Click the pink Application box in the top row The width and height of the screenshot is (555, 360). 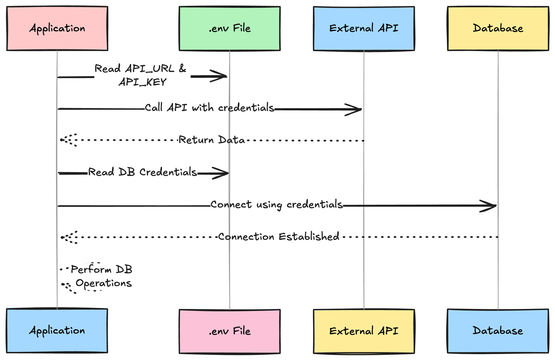tap(57, 28)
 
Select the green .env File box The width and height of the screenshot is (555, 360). tap(230, 28)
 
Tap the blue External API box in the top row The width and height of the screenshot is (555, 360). tap(364, 28)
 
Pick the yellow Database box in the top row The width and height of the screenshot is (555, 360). tap(498, 28)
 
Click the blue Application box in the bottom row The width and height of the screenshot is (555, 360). tap(57, 331)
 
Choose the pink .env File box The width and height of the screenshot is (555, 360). tap(230, 331)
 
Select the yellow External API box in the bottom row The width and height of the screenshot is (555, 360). tap(364, 331)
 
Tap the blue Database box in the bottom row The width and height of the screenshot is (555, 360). tap(498, 331)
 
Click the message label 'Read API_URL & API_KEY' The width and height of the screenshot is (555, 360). tap(140, 75)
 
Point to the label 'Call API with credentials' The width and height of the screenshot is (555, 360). tap(210, 108)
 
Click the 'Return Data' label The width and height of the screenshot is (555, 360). tap(212, 140)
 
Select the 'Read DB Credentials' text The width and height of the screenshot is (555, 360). tap(143, 172)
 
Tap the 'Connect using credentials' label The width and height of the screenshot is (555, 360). tap(276, 205)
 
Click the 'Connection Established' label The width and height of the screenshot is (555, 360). tap(279, 236)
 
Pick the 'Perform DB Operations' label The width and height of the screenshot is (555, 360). tap(102, 276)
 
